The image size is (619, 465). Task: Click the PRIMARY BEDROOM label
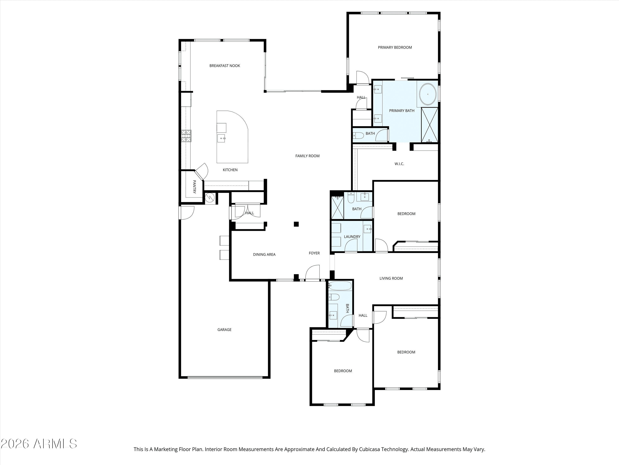pyautogui.click(x=395, y=47)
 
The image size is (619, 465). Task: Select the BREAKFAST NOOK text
pyautogui.click(x=225, y=66)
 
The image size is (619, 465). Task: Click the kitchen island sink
pyautogui.click(x=222, y=138)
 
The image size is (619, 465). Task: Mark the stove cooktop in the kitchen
pyautogui.click(x=186, y=136)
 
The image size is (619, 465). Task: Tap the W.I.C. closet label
pyautogui.click(x=399, y=164)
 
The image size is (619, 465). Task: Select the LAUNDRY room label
pyautogui.click(x=352, y=237)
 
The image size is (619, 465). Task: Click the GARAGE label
pyautogui.click(x=224, y=330)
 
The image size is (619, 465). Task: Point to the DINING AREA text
pyautogui.click(x=264, y=254)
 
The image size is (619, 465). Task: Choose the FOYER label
pyautogui.click(x=314, y=253)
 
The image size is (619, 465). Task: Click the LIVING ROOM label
pyautogui.click(x=391, y=278)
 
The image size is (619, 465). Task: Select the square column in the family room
pyautogui.click(x=296, y=224)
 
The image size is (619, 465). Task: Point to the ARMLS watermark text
pyautogui.click(x=55, y=444)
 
